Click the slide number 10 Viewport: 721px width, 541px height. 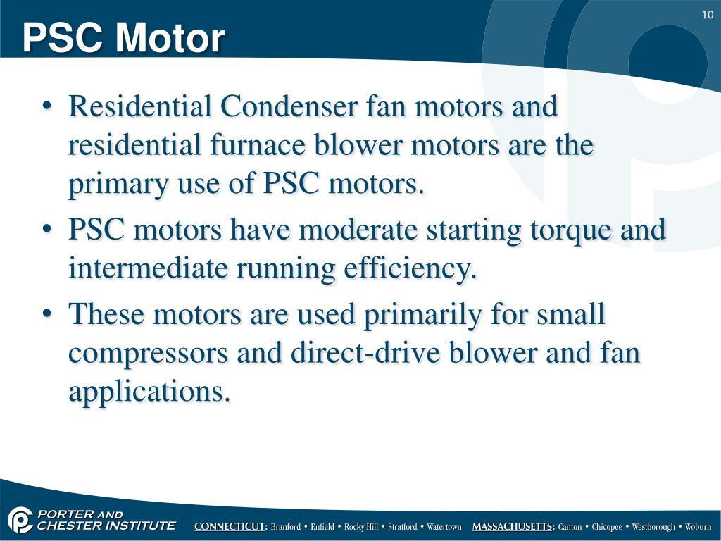click(708, 16)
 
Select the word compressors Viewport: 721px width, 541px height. click(148, 352)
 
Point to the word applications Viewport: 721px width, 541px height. click(149, 391)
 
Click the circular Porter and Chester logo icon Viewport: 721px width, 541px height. click(20, 521)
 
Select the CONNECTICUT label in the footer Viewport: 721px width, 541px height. click(231, 527)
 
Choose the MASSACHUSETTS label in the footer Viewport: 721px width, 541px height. click(513, 527)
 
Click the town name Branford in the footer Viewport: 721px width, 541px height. click(286, 527)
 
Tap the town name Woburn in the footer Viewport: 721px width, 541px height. click(698, 527)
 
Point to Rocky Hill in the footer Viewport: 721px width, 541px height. click(361, 527)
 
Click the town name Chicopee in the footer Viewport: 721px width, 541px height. click(606, 527)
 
